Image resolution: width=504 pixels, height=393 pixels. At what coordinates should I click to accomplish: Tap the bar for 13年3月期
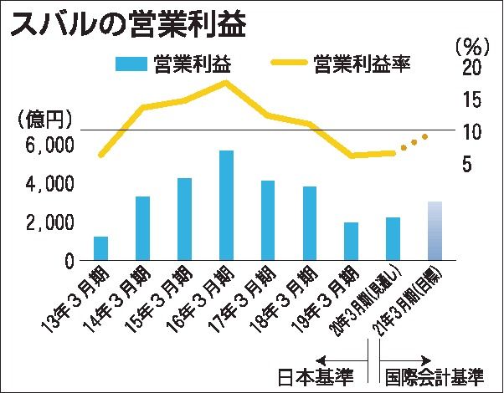point(101,248)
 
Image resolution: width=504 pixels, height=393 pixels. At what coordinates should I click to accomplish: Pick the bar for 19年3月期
point(352,242)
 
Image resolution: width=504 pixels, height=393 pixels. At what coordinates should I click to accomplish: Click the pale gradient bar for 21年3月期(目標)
point(435,231)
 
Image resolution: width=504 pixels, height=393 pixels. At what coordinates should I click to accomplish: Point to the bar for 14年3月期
point(142,228)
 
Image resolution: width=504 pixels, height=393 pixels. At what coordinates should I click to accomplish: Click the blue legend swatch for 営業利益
point(131,64)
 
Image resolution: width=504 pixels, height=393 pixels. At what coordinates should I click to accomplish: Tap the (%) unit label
point(473,42)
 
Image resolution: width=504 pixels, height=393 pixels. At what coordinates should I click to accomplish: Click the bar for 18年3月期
point(310,223)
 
